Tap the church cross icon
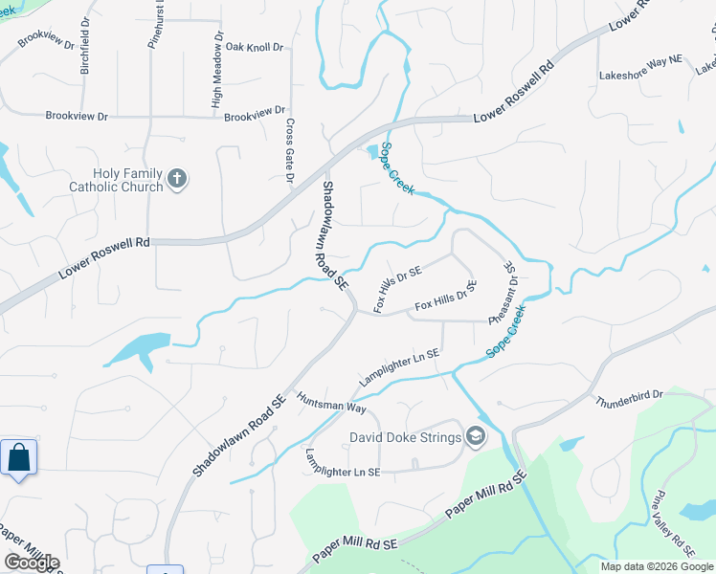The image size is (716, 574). pyautogui.click(x=176, y=178)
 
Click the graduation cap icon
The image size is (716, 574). pyautogui.click(x=476, y=438)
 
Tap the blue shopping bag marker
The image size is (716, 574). pyautogui.click(x=18, y=458)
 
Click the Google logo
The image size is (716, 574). pyautogui.click(x=32, y=563)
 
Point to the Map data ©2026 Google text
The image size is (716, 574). pyautogui.click(x=656, y=566)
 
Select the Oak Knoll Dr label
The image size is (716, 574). pyautogui.click(x=255, y=46)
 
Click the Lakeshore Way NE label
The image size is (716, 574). pyautogui.click(x=640, y=74)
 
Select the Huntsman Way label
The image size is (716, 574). pyautogui.click(x=331, y=402)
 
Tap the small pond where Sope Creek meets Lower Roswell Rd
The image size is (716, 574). pyautogui.click(x=372, y=150)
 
